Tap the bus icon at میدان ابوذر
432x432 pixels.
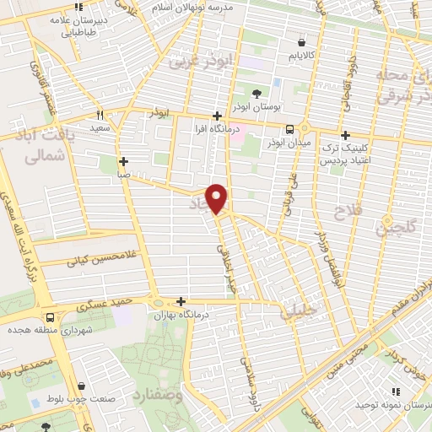click(x=290, y=129)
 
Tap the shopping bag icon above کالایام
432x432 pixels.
click(x=301, y=41)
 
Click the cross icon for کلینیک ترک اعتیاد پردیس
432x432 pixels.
click(x=344, y=135)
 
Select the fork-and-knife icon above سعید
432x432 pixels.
click(x=100, y=115)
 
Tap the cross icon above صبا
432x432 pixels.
click(x=123, y=160)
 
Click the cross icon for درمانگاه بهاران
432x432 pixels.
click(x=181, y=301)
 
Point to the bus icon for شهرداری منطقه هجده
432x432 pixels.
click(x=51, y=318)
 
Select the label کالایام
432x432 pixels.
click(x=302, y=57)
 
